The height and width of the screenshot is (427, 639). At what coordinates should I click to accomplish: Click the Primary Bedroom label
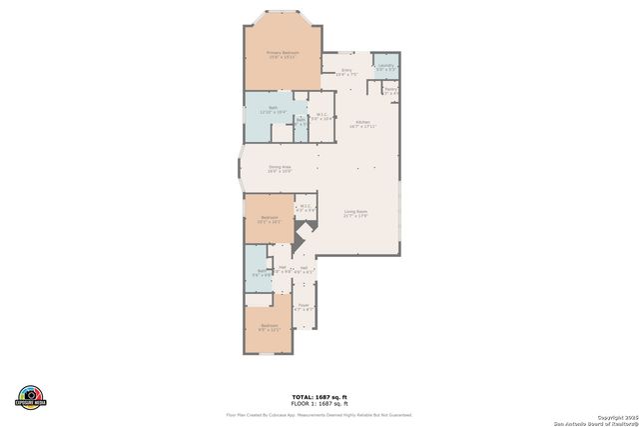[x=283, y=54]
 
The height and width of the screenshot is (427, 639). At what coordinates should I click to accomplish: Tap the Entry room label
[x=345, y=72]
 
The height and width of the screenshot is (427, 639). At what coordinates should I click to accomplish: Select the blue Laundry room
[x=385, y=67]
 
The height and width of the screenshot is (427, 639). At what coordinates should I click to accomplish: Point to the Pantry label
[x=390, y=90]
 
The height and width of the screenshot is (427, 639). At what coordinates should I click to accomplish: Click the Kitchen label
[x=361, y=124]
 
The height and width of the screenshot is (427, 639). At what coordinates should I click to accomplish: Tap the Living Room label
[x=357, y=213]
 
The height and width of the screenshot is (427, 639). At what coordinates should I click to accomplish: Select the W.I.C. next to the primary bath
[x=320, y=117]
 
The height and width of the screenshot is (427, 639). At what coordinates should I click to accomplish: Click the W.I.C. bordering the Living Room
[x=307, y=208]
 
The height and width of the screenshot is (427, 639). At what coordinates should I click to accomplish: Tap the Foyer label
[x=305, y=307]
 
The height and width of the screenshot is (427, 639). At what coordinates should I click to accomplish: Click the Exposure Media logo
[x=31, y=396]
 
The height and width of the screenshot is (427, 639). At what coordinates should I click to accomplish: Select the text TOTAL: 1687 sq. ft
[x=319, y=397]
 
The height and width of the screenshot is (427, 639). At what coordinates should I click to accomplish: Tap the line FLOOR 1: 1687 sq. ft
[x=319, y=403]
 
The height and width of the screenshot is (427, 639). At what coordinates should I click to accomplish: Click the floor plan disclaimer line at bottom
[x=319, y=414]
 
